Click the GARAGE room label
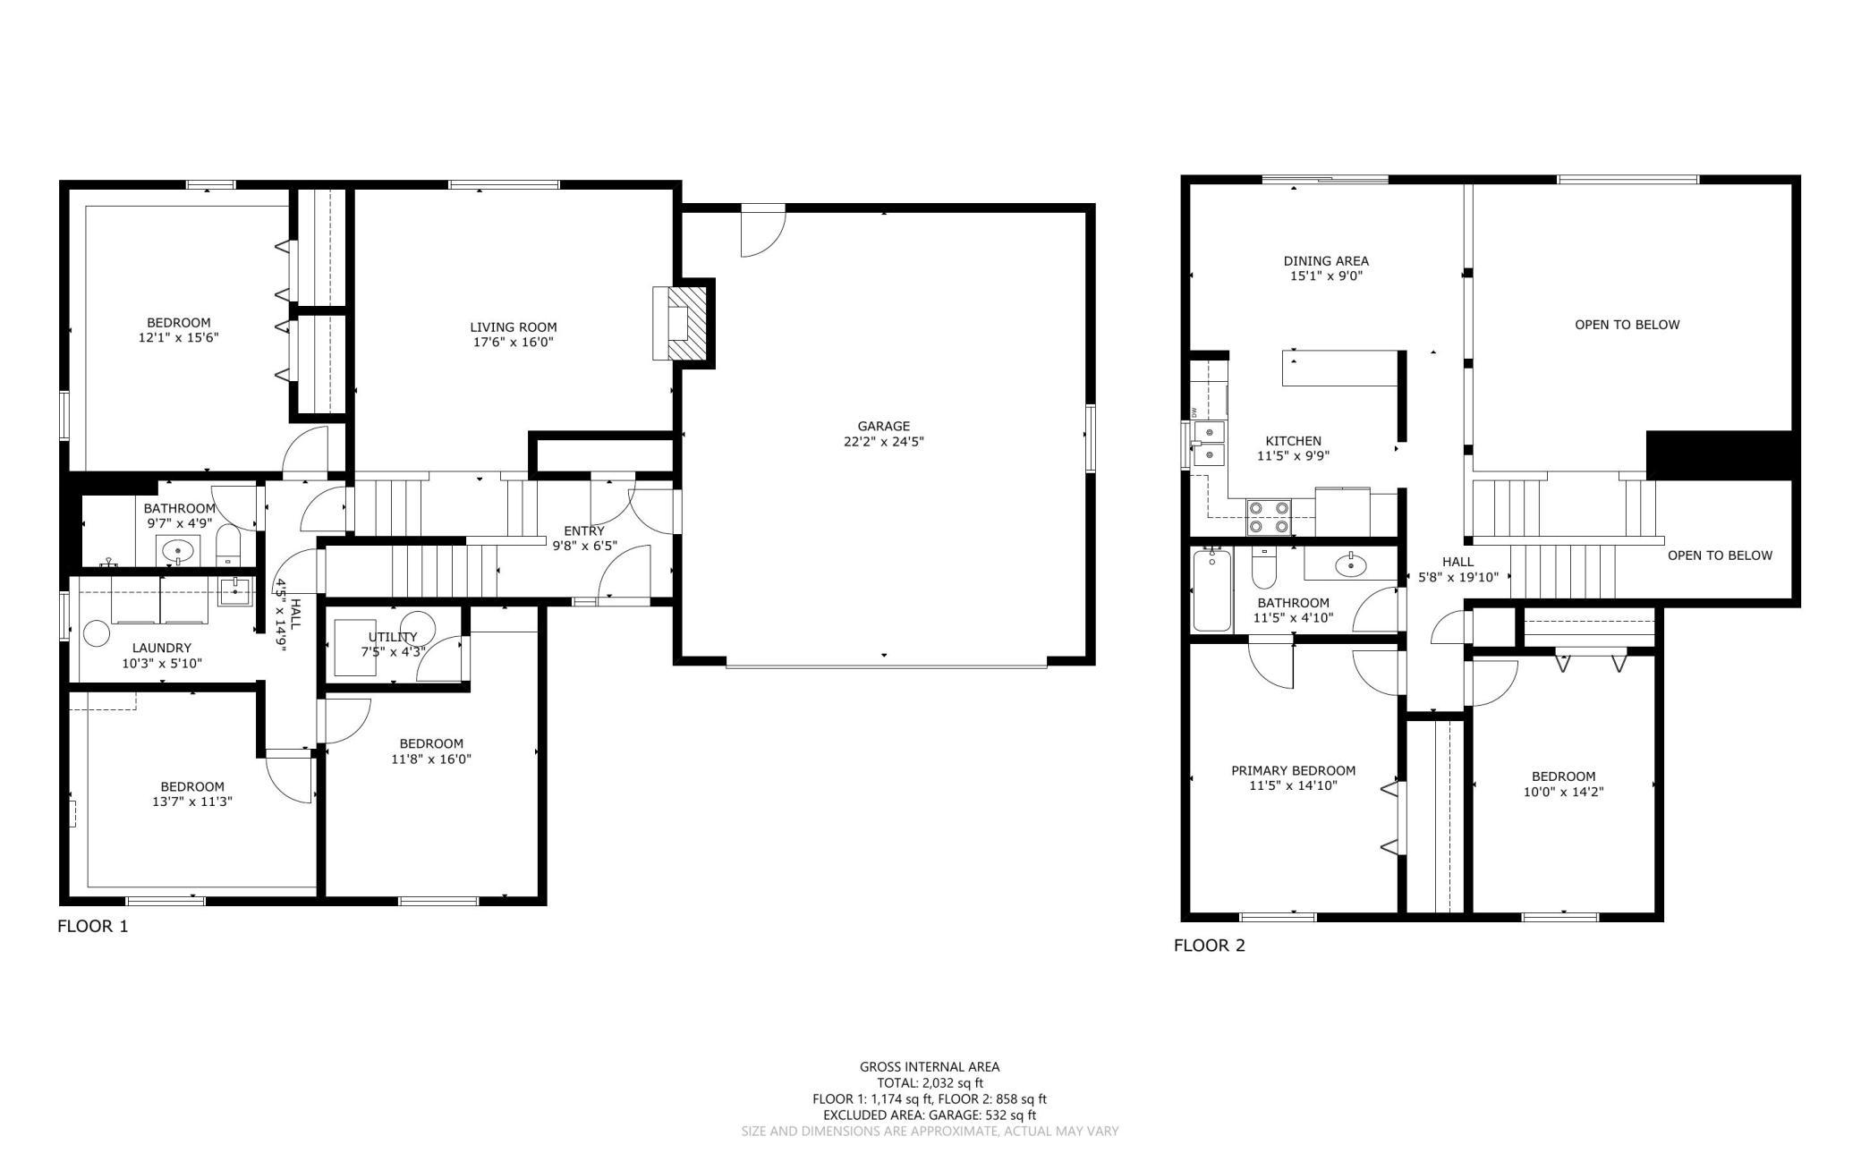pyautogui.click(x=883, y=426)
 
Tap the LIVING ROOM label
pyautogui.click(x=514, y=327)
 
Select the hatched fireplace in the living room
pyautogui.click(x=685, y=323)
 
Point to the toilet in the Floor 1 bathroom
pyautogui.click(x=228, y=547)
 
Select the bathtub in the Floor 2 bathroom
pyautogui.click(x=1212, y=590)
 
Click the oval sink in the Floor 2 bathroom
pyautogui.click(x=1349, y=564)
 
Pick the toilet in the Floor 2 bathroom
pyautogui.click(x=1264, y=566)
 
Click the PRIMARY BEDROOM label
pyautogui.click(x=1293, y=770)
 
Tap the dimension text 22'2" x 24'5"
pyautogui.click(x=883, y=441)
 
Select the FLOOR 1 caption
pyautogui.click(x=93, y=926)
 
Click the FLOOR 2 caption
pyautogui.click(x=1210, y=946)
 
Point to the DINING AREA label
pyautogui.click(x=1326, y=261)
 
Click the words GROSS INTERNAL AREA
pyautogui.click(x=930, y=1066)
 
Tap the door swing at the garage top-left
pyautogui.click(x=763, y=231)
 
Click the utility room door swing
pyautogui.click(x=439, y=659)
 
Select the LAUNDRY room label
pyautogui.click(x=162, y=648)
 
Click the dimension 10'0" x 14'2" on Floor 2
pyautogui.click(x=1563, y=792)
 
